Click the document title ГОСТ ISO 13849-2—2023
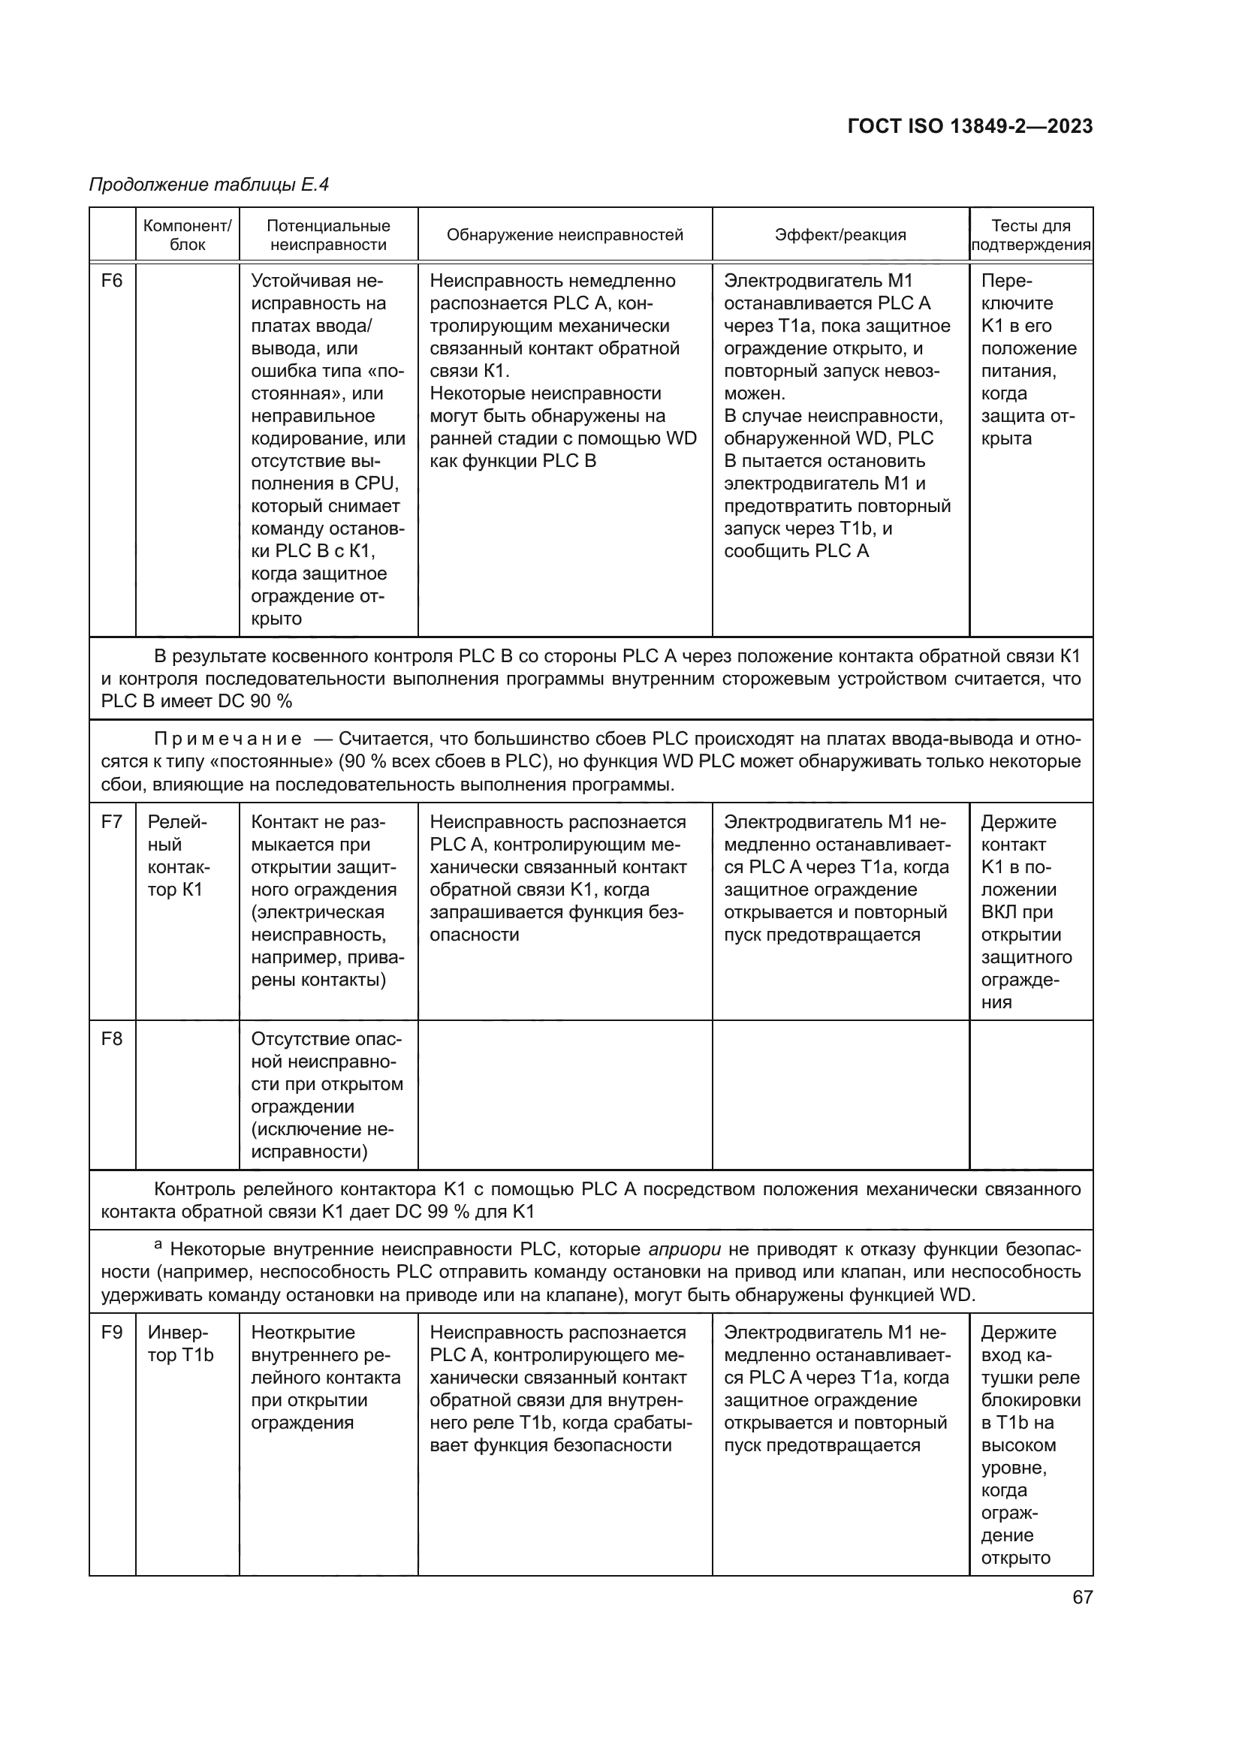pyautogui.click(x=969, y=127)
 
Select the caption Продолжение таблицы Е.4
pyautogui.click(x=209, y=185)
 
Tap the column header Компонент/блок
pyautogui.click(x=188, y=235)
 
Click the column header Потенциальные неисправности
pyautogui.click(x=328, y=235)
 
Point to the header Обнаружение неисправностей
pyautogui.click(x=565, y=235)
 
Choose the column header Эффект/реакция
pyautogui.click(x=840, y=235)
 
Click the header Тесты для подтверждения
pyautogui.click(x=1030, y=235)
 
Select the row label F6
pyautogui.click(x=112, y=281)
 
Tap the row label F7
pyautogui.click(x=112, y=822)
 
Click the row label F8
pyautogui.click(x=112, y=1039)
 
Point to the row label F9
pyautogui.click(x=112, y=1333)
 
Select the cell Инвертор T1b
pyautogui.click(x=180, y=1344)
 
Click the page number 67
pyautogui.click(x=1082, y=1597)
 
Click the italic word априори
pyautogui.click(x=684, y=1250)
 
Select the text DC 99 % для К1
pyautogui.click(x=464, y=1212)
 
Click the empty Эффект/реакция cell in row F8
pyautogui.click(x=840, y=1095)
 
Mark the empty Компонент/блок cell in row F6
pyautogui.click(x=188, y=449)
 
